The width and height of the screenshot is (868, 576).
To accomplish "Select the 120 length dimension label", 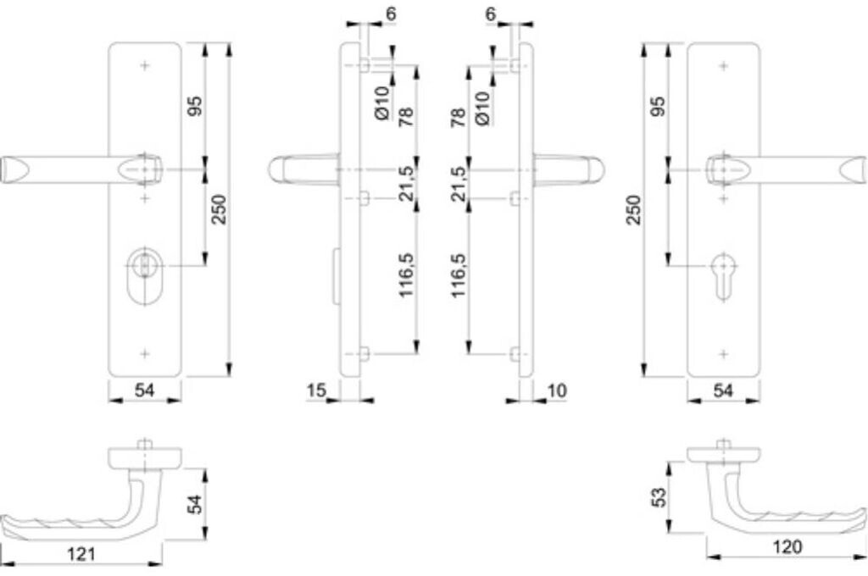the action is (x=787, y=547).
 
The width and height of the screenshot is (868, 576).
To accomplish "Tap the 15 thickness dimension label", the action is (x=317, y=390).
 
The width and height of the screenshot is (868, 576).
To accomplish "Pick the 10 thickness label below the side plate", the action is (x=557, y=390).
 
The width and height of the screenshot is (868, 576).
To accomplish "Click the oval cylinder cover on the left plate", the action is (x=147, y=275).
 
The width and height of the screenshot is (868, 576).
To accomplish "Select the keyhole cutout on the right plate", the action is (x=722, y=274).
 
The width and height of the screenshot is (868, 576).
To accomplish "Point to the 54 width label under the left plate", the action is (x=145, y=390).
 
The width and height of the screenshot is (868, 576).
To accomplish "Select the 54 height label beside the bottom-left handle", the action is (x=194, y=504).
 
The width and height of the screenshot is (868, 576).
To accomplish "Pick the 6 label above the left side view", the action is (x=367, y=14).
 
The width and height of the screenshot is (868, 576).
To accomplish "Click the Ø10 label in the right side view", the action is (x=481, y=108).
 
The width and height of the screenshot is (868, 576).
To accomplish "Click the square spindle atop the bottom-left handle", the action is (x=146, y=444).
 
